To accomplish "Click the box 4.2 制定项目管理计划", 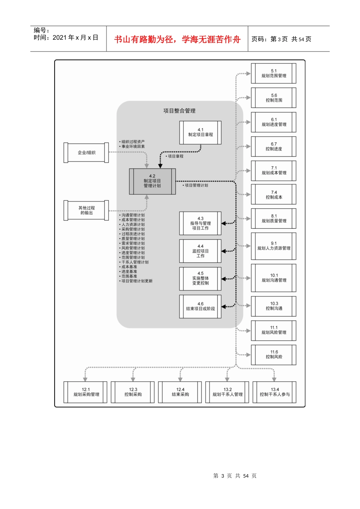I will (152, 181).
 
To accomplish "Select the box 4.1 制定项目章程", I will (200, 133).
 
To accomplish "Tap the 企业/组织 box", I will (86, 153).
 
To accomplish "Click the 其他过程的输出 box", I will (86, 210).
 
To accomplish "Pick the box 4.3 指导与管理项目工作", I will (200, 223).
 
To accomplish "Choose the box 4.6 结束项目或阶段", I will (200, 306).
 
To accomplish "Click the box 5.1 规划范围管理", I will (274, 73).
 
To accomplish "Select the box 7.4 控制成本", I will (274, 195).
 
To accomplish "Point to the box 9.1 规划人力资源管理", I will (274, 246).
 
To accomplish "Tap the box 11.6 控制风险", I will (274, 354).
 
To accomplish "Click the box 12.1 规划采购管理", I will (86, 392).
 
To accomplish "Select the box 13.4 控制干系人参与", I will (275, 392).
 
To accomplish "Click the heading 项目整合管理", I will (179, 111).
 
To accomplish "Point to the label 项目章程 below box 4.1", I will (175, 156).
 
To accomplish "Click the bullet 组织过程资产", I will (133, 142).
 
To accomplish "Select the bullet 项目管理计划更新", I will (137, 281).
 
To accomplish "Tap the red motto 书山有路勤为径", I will (144, 39).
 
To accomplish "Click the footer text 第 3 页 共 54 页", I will (235, 476).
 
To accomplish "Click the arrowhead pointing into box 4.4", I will (224, 251).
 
